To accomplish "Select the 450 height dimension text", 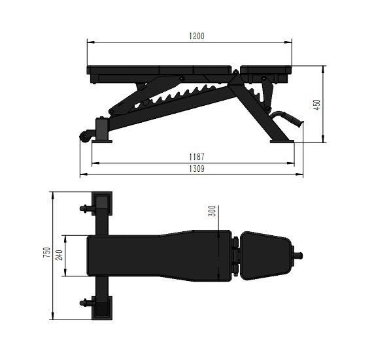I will point(316,105).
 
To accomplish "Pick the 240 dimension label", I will point(58,255).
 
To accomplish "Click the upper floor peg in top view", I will point(86,209).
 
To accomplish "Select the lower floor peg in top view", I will point(86,302).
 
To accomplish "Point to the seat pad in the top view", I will point(265,255).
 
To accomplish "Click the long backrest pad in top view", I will point(157,255).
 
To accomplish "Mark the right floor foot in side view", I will point(282,139).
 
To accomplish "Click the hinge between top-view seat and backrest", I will point(234,255).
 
